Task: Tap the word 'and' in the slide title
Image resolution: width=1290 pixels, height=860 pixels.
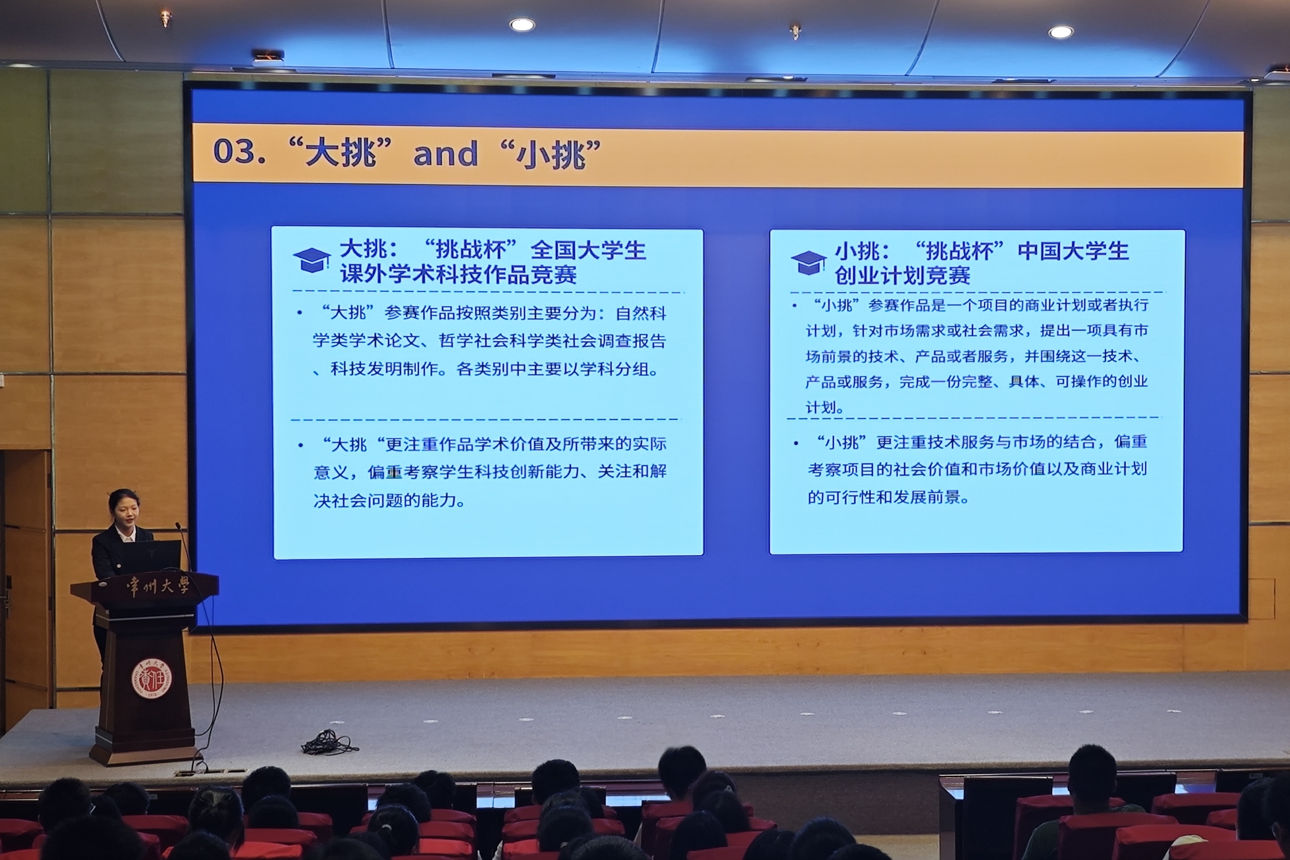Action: coord(445,154)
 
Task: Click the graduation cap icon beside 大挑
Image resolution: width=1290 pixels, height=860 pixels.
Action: coord(312,260)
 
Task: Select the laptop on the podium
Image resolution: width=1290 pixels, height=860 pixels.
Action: coord(156,557)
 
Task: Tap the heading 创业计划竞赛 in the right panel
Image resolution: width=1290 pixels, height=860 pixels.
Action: coord(902,276)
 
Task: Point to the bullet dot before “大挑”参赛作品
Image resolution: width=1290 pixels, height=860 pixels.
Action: coord(300,313)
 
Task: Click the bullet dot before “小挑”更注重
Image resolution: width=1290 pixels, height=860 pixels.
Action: coord(796,443)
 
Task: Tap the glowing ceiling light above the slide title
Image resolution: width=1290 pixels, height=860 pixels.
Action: coord(521,24)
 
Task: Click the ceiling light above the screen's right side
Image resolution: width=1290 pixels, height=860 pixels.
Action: coord(1061,32)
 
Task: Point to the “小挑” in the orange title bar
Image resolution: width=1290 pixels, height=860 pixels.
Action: coord(551,154)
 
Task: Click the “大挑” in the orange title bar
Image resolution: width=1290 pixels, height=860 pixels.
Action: coord(340,152)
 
